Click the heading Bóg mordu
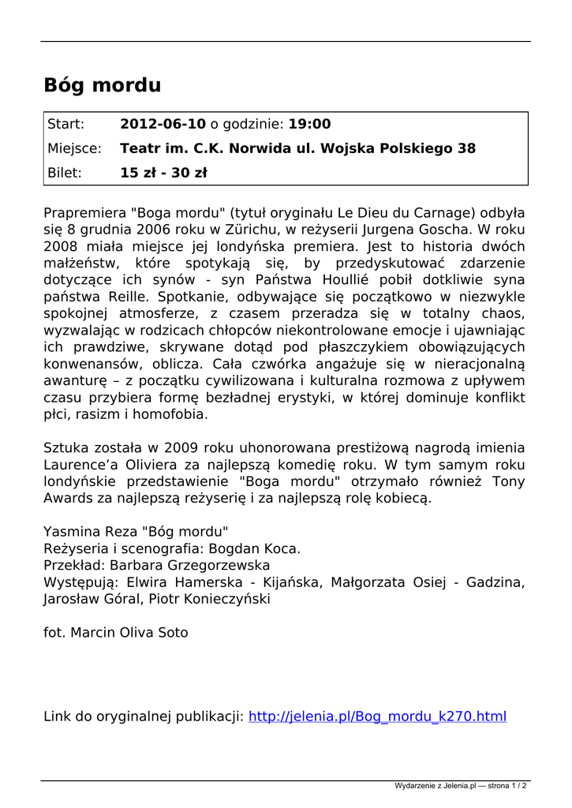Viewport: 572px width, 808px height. coord(103,85)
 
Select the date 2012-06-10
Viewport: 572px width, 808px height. coord(163,124)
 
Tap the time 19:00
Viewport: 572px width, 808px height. coord(309,124)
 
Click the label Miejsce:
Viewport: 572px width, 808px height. coord(74,148)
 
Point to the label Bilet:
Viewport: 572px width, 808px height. coord(65,173)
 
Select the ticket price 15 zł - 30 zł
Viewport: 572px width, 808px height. coord(163,173)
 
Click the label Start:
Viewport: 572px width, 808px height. coord(66,124)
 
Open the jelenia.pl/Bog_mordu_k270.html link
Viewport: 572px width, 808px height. coord(377,716)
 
